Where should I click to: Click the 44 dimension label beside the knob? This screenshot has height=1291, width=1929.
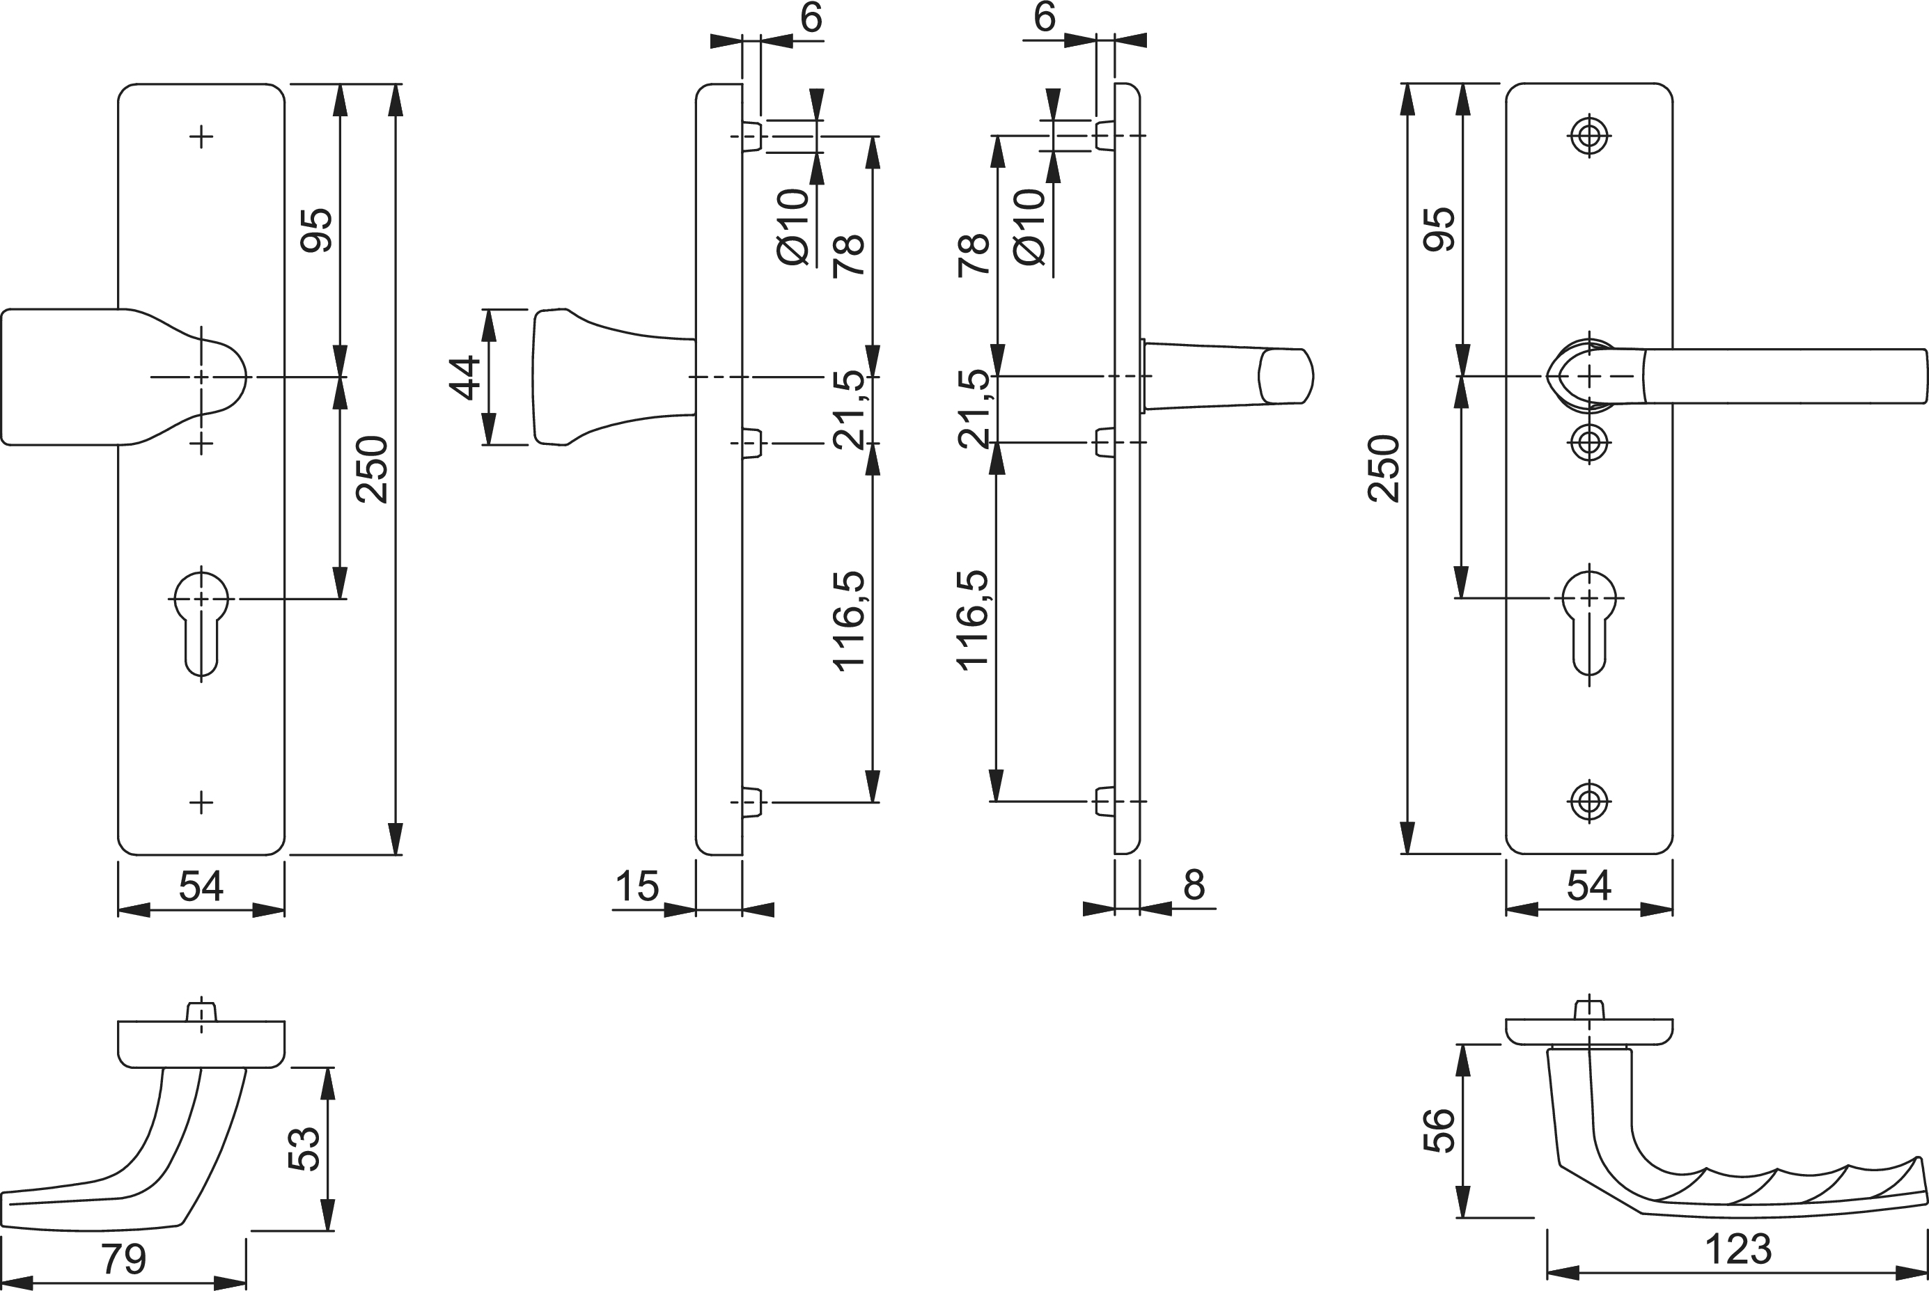(467, 377)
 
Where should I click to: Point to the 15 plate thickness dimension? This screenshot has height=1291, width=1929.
(637, 886)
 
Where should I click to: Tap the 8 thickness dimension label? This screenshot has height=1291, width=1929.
(1194, 885)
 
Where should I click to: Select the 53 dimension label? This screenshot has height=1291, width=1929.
(304, 1148)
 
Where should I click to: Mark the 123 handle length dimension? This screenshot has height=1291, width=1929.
(1738, 1250)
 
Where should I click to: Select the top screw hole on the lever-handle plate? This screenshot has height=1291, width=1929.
(1589, 136)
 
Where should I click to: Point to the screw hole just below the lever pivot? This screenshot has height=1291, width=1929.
(1589, 443)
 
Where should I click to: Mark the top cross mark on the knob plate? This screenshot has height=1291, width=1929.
(201, 136)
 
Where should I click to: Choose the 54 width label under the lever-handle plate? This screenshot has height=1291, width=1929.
(1588, 886)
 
